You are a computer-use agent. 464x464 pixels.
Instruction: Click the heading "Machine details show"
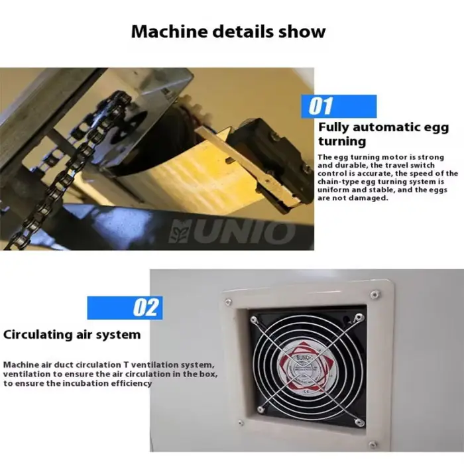tap(228, 31)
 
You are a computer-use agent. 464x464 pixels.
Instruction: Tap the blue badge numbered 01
tap(339, 107)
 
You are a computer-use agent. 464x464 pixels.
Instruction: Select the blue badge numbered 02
tap(125, 308)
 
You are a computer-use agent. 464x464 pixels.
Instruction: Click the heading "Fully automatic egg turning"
tap(384, 134)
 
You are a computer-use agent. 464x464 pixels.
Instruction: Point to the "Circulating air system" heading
tap(72, 335)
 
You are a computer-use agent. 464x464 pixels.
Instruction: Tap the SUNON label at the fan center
tap(304, 358)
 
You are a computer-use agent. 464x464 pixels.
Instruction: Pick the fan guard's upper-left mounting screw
tap(254, 319)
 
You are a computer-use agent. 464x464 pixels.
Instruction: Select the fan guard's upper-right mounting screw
tap(359, 318)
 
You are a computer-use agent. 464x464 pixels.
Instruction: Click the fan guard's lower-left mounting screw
tap(261, 410)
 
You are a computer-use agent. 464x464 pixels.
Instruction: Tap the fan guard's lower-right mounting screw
tap(359, 422)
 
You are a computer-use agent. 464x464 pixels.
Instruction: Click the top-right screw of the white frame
tap(375, 294)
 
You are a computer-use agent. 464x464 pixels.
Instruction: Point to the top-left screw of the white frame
tap(228, 302)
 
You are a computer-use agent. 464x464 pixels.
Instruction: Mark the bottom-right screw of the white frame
tap(373, 444)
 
